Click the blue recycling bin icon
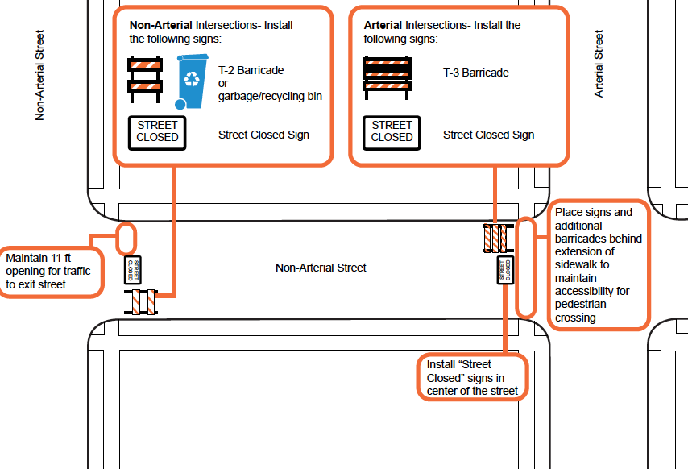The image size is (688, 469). [x=192, y=81]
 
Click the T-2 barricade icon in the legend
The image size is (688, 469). [x=147, y=79]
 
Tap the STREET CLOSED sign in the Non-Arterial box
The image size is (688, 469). [x=157, y=132]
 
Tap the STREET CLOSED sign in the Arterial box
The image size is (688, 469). [x=392, y=132]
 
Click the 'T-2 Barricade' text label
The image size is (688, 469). [x=251, y=70]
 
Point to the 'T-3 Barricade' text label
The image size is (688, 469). [x=475, y=73]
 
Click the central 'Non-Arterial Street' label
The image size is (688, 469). [x=321, y=268]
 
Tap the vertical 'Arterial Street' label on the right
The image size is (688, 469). [x=599, y=64]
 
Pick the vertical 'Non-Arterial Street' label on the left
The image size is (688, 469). [x=39, y=76]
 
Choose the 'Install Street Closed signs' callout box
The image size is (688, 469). [x=472, y=377]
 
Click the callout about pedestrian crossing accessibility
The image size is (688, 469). [x=599, y=264]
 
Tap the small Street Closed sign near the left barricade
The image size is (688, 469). [x=135, y=269]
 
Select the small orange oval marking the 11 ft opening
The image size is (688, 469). [x=126, y=239]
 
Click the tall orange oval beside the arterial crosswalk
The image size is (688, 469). [x=525, y=268]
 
